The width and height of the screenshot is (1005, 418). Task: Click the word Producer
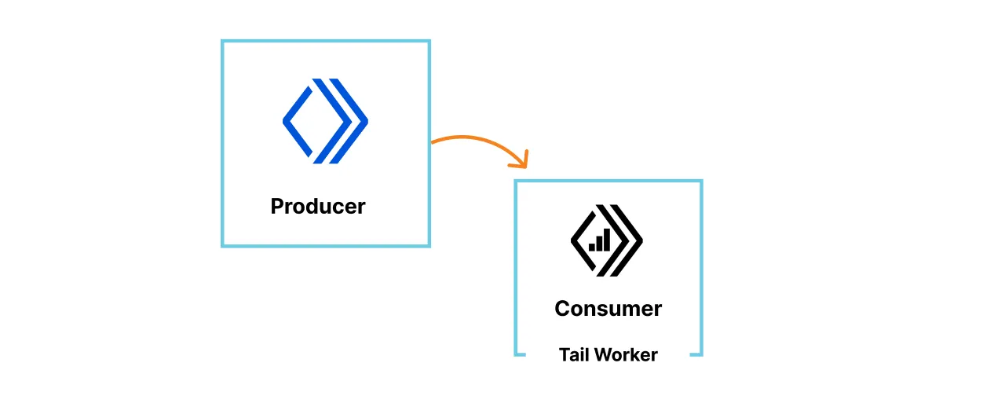pos(318,207)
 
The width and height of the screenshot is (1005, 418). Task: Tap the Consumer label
pos(608,309)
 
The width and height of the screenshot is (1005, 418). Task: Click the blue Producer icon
pos(325,121)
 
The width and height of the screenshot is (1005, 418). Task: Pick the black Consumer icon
pos(606,240)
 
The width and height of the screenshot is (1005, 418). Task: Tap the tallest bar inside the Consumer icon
pos(606,240)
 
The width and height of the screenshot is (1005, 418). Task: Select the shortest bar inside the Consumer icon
pos(591,247)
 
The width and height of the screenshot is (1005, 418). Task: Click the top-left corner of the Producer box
pos(223,42)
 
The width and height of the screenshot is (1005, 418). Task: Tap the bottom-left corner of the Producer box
pos(223,246)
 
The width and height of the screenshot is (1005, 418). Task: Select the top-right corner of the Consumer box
pos(701,181)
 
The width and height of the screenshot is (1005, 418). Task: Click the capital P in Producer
pos(277,207)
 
